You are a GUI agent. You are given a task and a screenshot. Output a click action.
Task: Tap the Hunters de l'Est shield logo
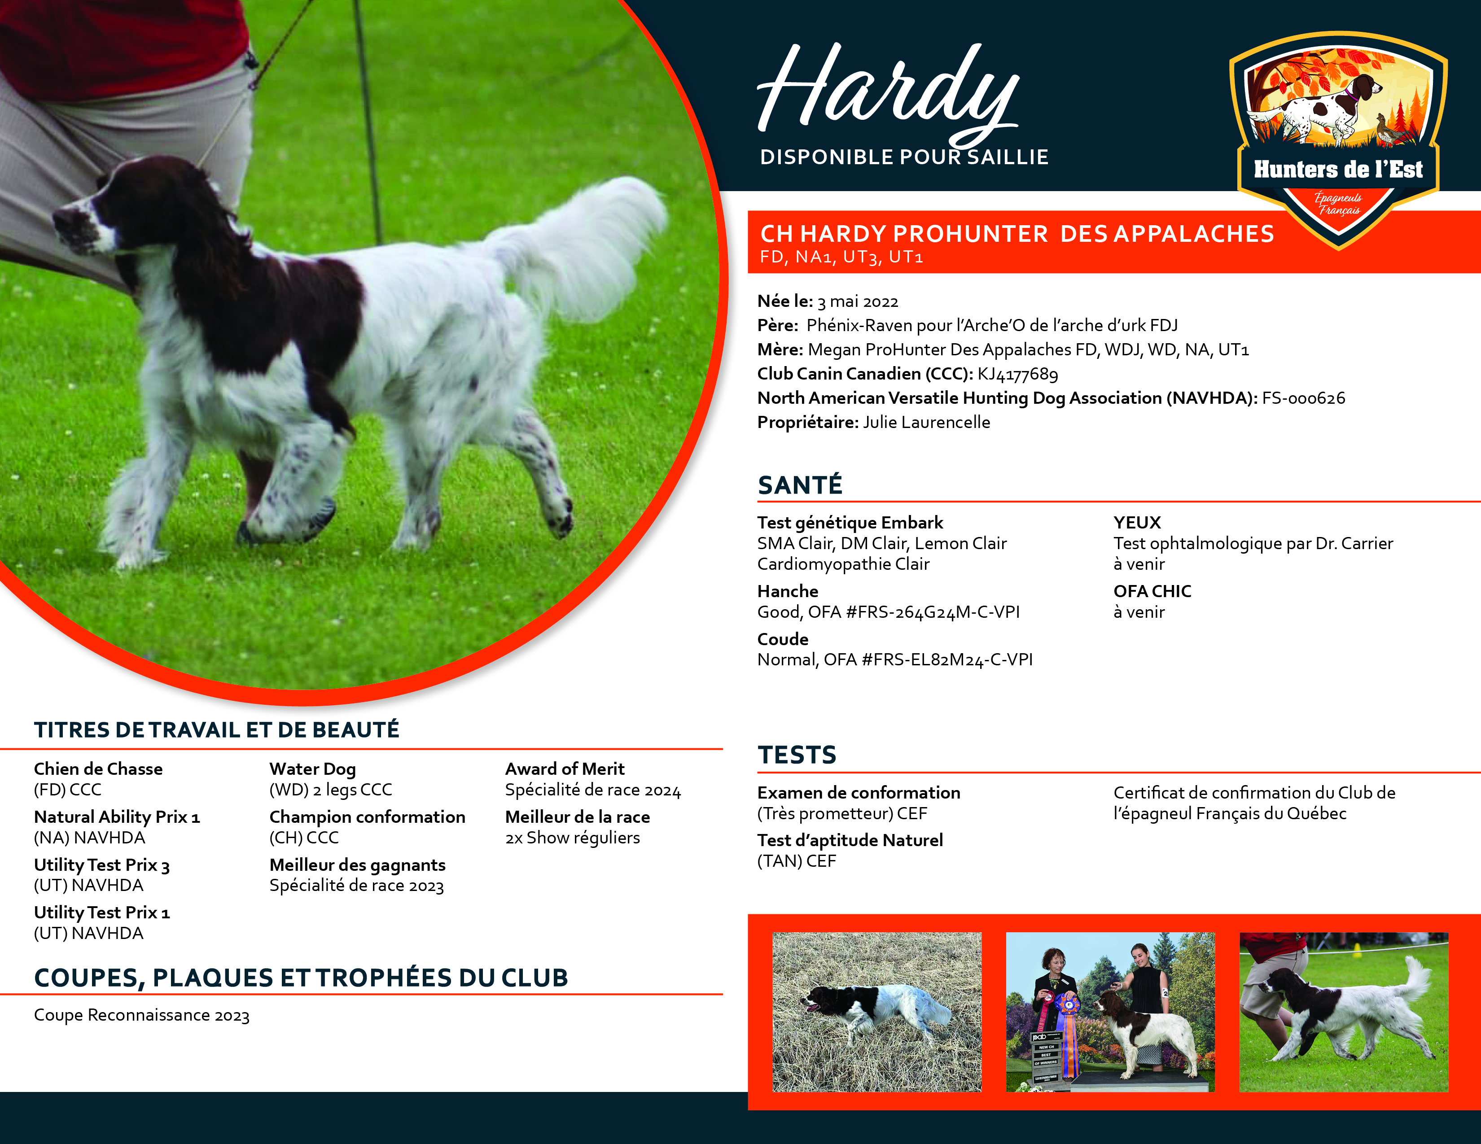click(x=1337, y=135)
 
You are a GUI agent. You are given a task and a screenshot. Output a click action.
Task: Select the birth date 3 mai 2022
click(x=858, y=301)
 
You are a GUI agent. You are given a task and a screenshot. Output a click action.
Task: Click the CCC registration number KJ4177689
click(x=1017, y=374)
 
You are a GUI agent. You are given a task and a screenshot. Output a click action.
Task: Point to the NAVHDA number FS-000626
click(x=1303, y=398)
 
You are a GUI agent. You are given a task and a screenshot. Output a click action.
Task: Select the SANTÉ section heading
click(x=800, y=485)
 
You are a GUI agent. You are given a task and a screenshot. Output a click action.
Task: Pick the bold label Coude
click(x=783, y=639)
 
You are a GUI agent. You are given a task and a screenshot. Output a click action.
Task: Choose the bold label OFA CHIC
click(x=1152, y=591)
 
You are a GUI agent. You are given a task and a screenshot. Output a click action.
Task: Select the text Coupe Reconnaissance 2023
click(x=142, y=1015)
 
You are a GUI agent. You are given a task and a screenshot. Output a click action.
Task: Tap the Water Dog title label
click(x=313, y=768)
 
